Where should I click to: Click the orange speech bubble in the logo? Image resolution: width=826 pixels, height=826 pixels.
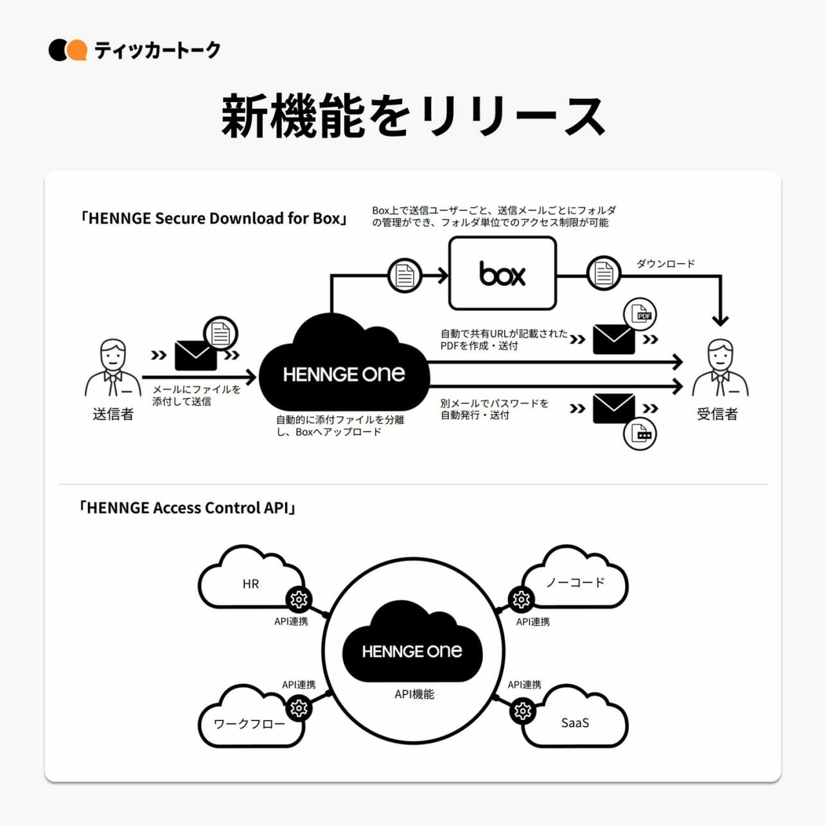pyautogui.click(x=77, y=50)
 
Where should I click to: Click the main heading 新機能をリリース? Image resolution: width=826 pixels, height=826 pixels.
pyautogui.click(x=413, y=116)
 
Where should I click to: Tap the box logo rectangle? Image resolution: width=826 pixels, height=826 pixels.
pyautogui.click(x=502, y=274)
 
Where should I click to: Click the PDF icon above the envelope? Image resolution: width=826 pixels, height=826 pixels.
pyautogui.click(x=640, y=314)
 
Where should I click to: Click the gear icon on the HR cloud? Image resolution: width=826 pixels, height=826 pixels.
pyautogui.click(x=299, y=600)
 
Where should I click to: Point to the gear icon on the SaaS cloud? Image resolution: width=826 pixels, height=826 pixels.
pyautogui.click(x=523, y=711)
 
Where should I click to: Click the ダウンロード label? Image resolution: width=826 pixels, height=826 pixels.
pyautogui.click(x=665, y=263)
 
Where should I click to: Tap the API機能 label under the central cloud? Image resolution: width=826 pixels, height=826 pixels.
pyautogui.click(x=414, y=694)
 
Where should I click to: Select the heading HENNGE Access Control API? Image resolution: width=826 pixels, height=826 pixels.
pyautogui.click(x=187, y=508)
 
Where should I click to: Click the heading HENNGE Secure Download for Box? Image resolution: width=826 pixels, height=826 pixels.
pyautogui.click(x=213, y=218)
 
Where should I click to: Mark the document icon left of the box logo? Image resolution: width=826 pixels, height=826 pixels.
pyautogui.click(x=405, y=275)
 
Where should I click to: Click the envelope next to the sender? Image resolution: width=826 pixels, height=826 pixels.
pyautogui.click(x=195, y=355)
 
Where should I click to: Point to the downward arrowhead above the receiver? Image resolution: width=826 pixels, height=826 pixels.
pyautogui.click(x=721, y=319)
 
